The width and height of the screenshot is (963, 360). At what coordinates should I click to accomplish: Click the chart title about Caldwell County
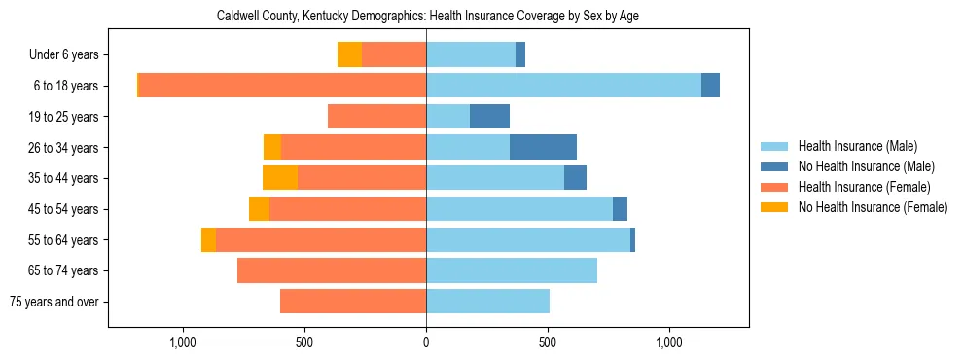(x=428, y=17)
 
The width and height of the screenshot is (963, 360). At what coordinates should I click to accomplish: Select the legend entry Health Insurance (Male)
(x=857, y=146)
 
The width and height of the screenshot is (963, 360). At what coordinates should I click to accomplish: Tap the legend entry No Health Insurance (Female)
(x=873, y=207)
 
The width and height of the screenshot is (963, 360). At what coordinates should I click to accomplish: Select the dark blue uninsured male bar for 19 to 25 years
(x=489, y=117)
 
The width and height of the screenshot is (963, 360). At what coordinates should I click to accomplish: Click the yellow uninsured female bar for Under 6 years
(x=349, y=54)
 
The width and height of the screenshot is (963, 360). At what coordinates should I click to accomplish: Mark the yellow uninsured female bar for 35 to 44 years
(x=280, y=178)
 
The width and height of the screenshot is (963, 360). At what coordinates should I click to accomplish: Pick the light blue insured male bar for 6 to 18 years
(x=563, y=86)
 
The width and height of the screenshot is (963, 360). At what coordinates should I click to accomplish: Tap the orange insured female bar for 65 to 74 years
(x=332, y=270)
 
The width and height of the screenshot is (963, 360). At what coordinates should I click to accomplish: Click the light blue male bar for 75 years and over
(x=487, y=302)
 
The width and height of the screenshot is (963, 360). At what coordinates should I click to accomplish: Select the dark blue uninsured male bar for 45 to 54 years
(x=620, y=209)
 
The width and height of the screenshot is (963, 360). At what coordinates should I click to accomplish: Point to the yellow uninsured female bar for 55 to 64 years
(x=208, y=239)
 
